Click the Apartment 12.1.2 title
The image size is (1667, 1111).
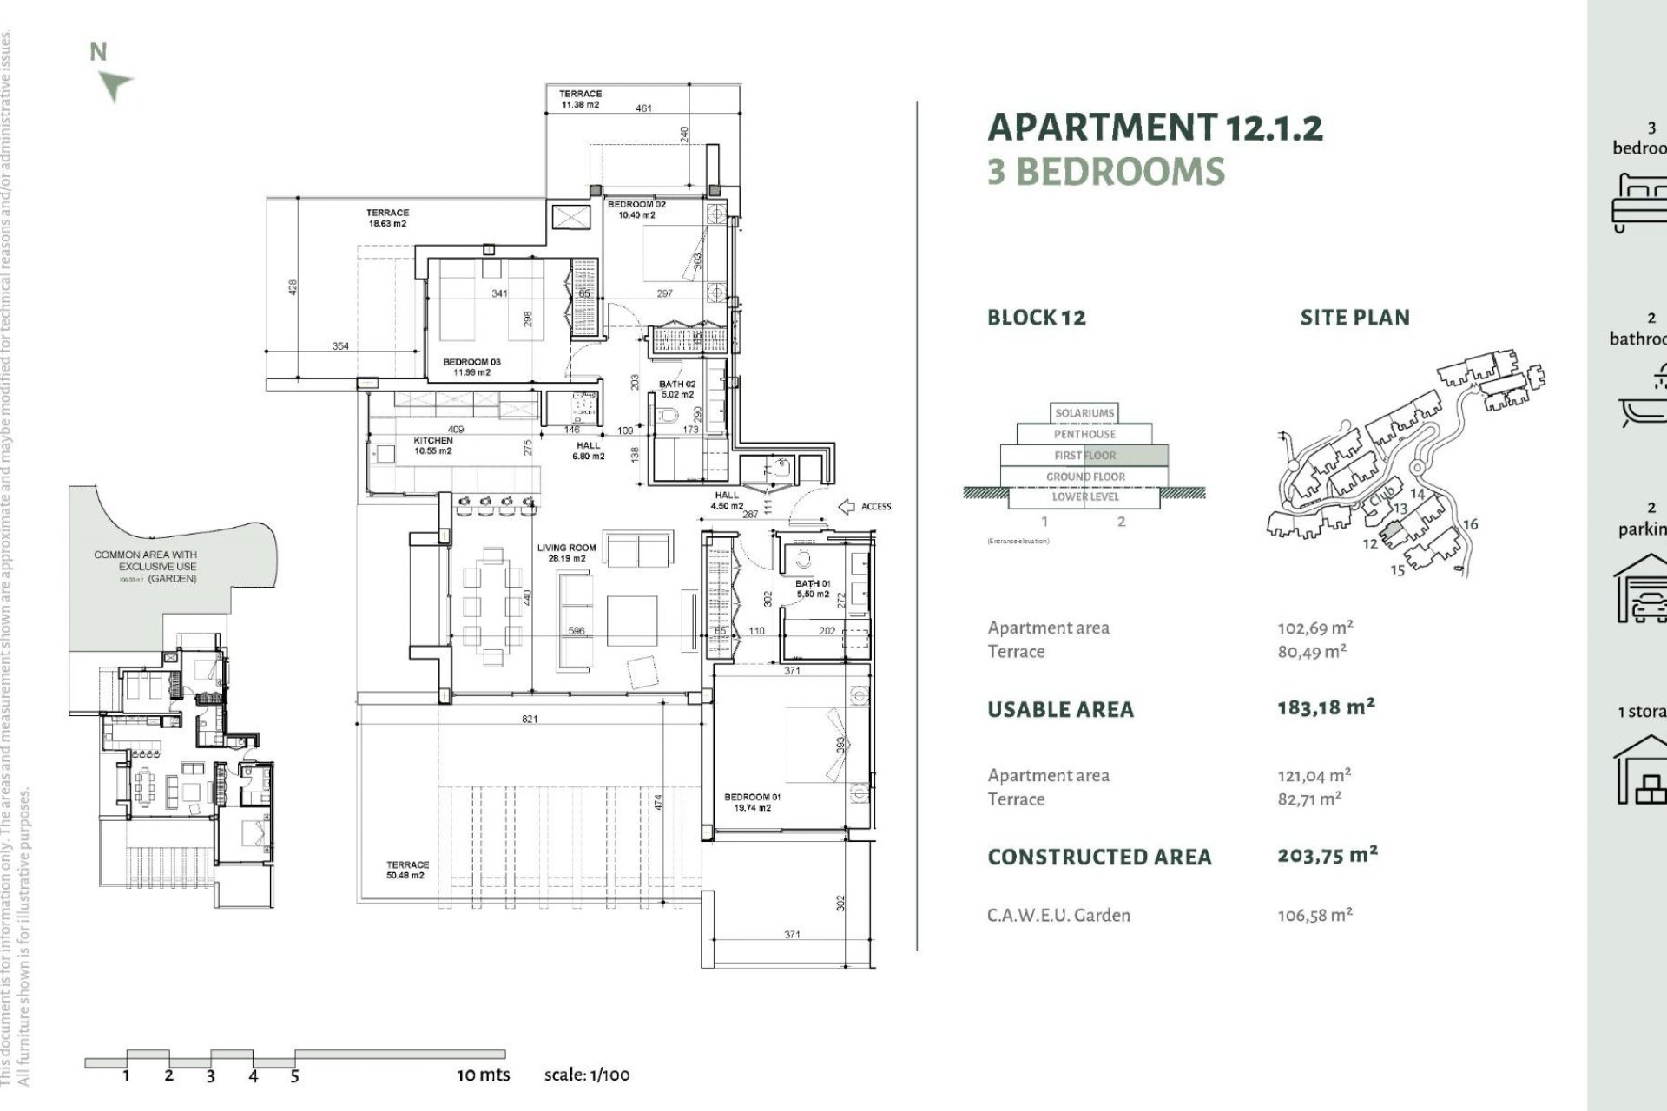coord(1155,128)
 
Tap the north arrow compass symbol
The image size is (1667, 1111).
coord(115,85)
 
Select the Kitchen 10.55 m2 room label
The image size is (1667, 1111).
coord(432,445)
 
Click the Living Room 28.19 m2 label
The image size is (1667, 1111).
coord(566,553)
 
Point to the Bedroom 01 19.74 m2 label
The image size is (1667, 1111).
coord(752,802)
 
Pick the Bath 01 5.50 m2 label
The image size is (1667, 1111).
coord(813,588)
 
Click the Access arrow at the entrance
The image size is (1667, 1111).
coord(847,506)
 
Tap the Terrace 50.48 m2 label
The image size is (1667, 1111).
coord(406,870)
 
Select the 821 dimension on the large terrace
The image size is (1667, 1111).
coord(530,719)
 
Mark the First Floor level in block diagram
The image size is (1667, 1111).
coord(1084,455)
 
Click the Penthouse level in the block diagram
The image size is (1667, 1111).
coord(1084,434)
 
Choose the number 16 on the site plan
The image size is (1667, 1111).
coord(1470,524)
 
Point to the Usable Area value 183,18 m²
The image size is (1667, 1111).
coord(1326,707)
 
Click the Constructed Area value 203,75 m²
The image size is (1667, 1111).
coord(1327,856)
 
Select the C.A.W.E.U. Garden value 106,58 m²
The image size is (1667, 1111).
coord(1314,915)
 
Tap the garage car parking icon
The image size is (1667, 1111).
coord(1641,590)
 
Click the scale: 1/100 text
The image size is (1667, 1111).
coord(587,1075)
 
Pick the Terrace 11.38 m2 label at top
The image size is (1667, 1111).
coord(580,99)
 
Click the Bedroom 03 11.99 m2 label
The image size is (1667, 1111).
coord(471,367)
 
